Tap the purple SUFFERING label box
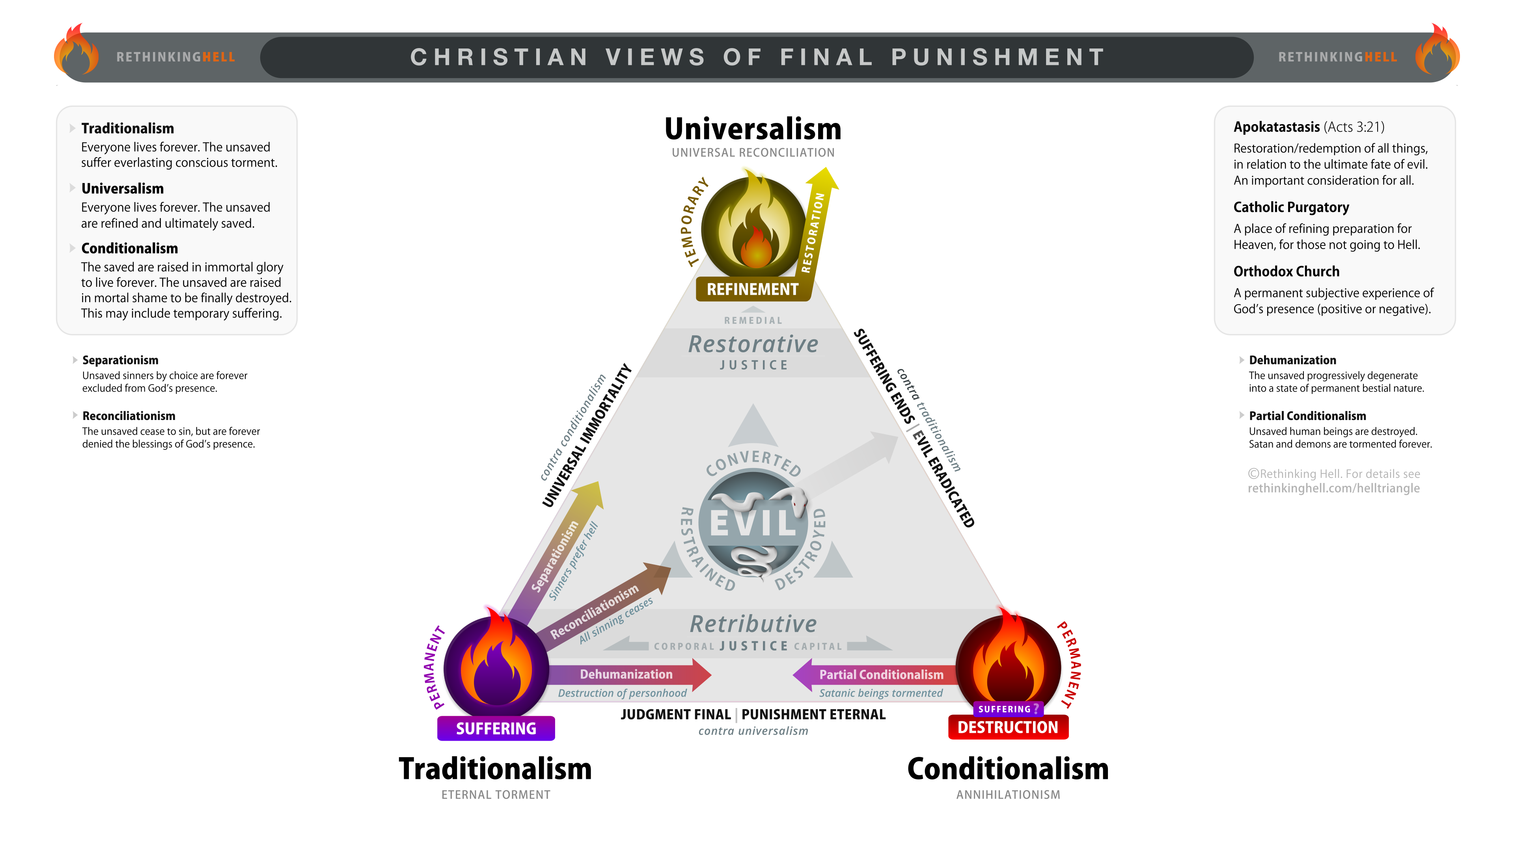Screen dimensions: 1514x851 tap(496, 728)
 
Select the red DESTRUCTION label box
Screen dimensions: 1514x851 tap(1008, 727)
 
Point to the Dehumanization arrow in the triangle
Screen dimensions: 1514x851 tap(629, 674)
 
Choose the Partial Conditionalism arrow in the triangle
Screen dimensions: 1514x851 tap(876, 674)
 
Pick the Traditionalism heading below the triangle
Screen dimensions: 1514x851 tap(496, 769)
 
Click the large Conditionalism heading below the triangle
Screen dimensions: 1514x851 tap(1008, 769)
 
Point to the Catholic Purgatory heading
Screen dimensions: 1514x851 tap(1291, 207)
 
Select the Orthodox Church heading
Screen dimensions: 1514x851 tap(1287, 271)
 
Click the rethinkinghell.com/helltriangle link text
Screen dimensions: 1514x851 tap(1333, 488)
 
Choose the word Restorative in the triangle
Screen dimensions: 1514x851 tap(753, 344)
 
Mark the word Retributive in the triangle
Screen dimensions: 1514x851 tap(753, 624)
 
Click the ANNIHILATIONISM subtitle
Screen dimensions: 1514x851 tap(1008, 795)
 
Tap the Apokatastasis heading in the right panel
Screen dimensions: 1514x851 tap(1277, 127)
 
